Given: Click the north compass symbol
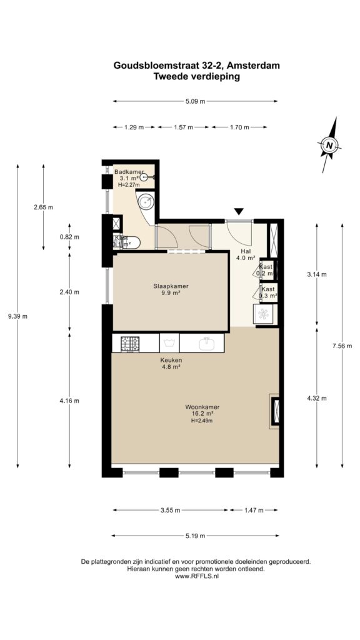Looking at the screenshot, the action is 329,144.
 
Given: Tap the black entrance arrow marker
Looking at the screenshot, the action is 239,211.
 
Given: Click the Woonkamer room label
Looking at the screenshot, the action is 202,406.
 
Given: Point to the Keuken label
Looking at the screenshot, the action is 171,361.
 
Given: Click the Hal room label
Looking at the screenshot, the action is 246,251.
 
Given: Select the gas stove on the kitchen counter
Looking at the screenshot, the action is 129,344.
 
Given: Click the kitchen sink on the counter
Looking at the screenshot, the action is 207,344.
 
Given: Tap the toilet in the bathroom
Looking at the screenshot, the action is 130,244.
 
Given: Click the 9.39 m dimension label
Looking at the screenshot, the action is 17,316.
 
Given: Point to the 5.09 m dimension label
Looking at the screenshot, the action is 196,102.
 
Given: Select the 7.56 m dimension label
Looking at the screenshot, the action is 342,346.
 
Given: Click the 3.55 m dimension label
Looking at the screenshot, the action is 170,510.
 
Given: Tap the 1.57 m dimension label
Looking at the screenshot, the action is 183,127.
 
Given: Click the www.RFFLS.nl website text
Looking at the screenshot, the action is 197,576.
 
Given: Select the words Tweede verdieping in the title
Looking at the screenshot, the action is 196,76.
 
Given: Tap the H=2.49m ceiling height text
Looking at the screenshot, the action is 202,421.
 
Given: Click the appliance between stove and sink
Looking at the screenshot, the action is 169,343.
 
